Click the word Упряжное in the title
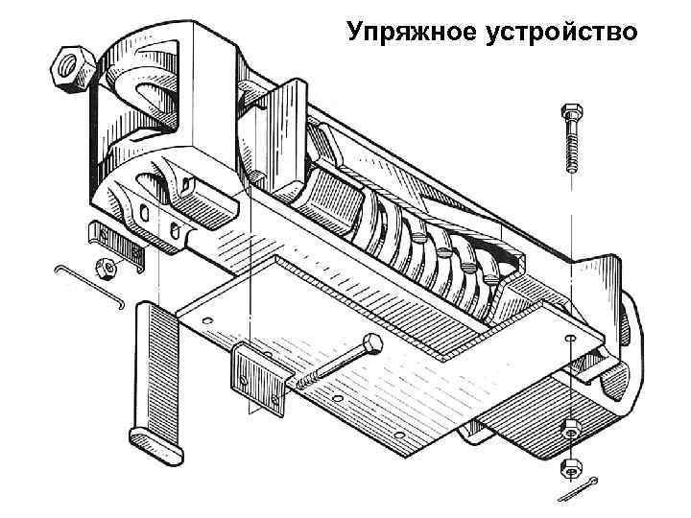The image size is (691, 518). [x=409, y=32]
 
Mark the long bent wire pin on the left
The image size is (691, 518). [x=90, y=285]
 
